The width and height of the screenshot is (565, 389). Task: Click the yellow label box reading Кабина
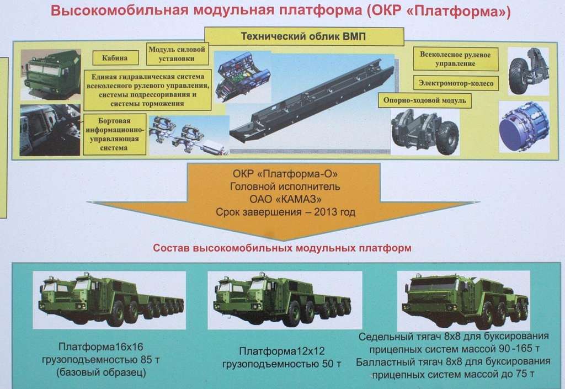click(x=115, y=57)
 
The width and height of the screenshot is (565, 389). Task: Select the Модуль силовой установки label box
click(x=177, y=54)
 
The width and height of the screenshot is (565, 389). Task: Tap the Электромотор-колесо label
click(x=456, y=83)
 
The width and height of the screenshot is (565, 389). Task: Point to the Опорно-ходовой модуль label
click(x=424, y=100)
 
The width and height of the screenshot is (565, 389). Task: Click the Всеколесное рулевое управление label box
click(x=455, y=59)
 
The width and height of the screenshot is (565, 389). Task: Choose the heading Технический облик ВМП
click(x=303, y=36)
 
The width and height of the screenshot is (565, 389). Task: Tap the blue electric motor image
click(x=525, y=126)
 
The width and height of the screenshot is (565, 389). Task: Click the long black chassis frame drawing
click(x=312, y=101)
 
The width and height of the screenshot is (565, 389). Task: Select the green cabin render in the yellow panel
click(x=51, y=75)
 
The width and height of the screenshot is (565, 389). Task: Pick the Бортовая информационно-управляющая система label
click(x=114, y=134)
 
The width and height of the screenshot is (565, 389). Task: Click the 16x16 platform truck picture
click(x=110, y=300)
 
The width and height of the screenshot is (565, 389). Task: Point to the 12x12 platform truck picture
click(x=285, y=300)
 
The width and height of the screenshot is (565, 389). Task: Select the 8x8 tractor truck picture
click(x=463, y=301)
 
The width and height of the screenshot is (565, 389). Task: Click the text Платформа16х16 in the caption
click(x=101, y=347)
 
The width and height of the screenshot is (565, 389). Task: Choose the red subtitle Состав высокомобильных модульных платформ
click(x=282, y=248)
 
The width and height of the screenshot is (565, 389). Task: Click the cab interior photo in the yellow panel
click(x=50, y=130)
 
